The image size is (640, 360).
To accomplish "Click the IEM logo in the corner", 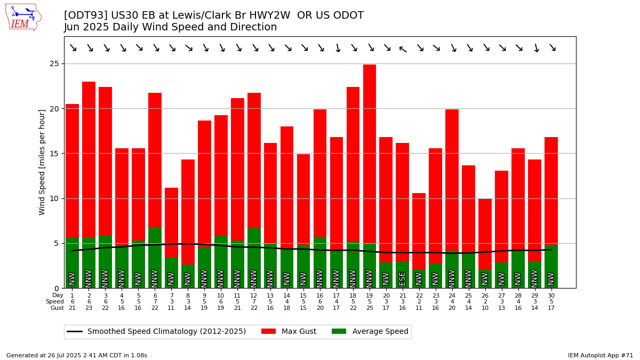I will click(x=23, y=17).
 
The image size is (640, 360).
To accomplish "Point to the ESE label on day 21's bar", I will click(x=403, y=278).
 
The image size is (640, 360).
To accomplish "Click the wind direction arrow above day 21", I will click(x=403, y=49).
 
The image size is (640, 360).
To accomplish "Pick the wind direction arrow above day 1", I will click(x=73, y=48).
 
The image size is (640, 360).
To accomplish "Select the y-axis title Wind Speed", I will click(x=42, y=162).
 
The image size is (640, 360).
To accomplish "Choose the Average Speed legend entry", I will click(x=370, y=332).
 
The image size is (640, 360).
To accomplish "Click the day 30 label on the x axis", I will click(x=551, y=295).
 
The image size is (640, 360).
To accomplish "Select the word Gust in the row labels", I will click(x=57, y=308).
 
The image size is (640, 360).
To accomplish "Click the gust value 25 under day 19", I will click(x=370, y=308).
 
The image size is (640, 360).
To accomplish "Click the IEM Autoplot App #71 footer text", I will click(x=600, y=355).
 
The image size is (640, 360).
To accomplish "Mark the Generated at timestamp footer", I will click(x=77, y=355).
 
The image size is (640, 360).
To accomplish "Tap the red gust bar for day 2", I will click(x=89, y=159).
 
